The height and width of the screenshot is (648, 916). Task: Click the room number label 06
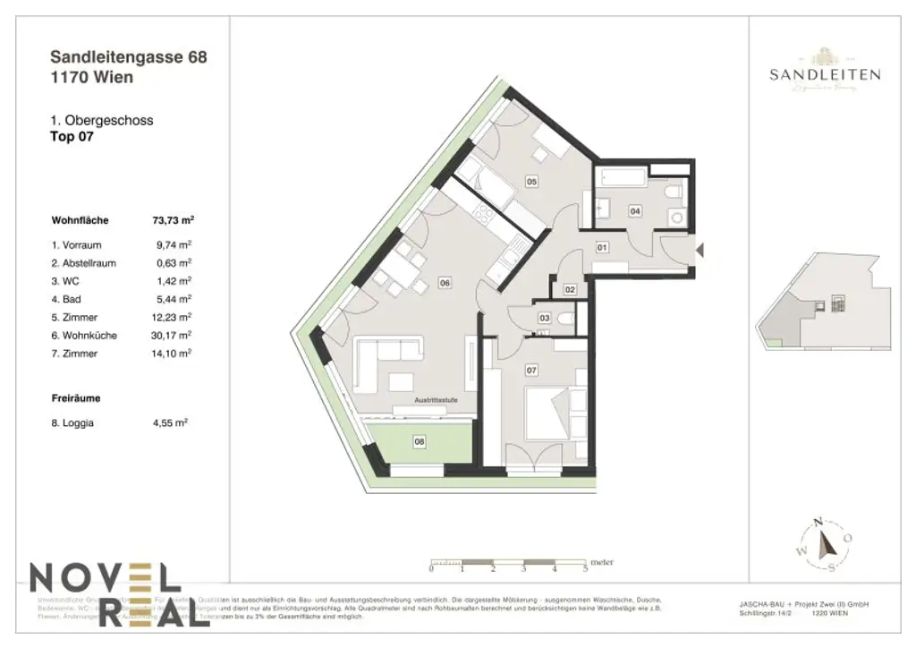point(444,283)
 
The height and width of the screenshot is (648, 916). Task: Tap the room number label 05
point(531,182)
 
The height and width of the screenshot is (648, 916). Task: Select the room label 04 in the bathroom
point(635,211)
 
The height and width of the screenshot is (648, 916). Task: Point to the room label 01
point(602,247)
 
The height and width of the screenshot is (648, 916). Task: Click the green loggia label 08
point(419,441)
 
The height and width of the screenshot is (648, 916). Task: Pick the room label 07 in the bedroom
point(530,370)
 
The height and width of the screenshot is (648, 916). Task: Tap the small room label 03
point(544,318)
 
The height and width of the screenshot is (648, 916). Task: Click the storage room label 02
point(570,289)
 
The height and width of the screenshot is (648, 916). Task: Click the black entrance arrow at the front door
point(701,252)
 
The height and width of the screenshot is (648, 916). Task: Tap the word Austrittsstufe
point(437,401)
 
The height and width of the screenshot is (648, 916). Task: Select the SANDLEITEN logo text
point(824,75)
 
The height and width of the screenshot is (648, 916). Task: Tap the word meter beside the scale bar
point(602,562)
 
